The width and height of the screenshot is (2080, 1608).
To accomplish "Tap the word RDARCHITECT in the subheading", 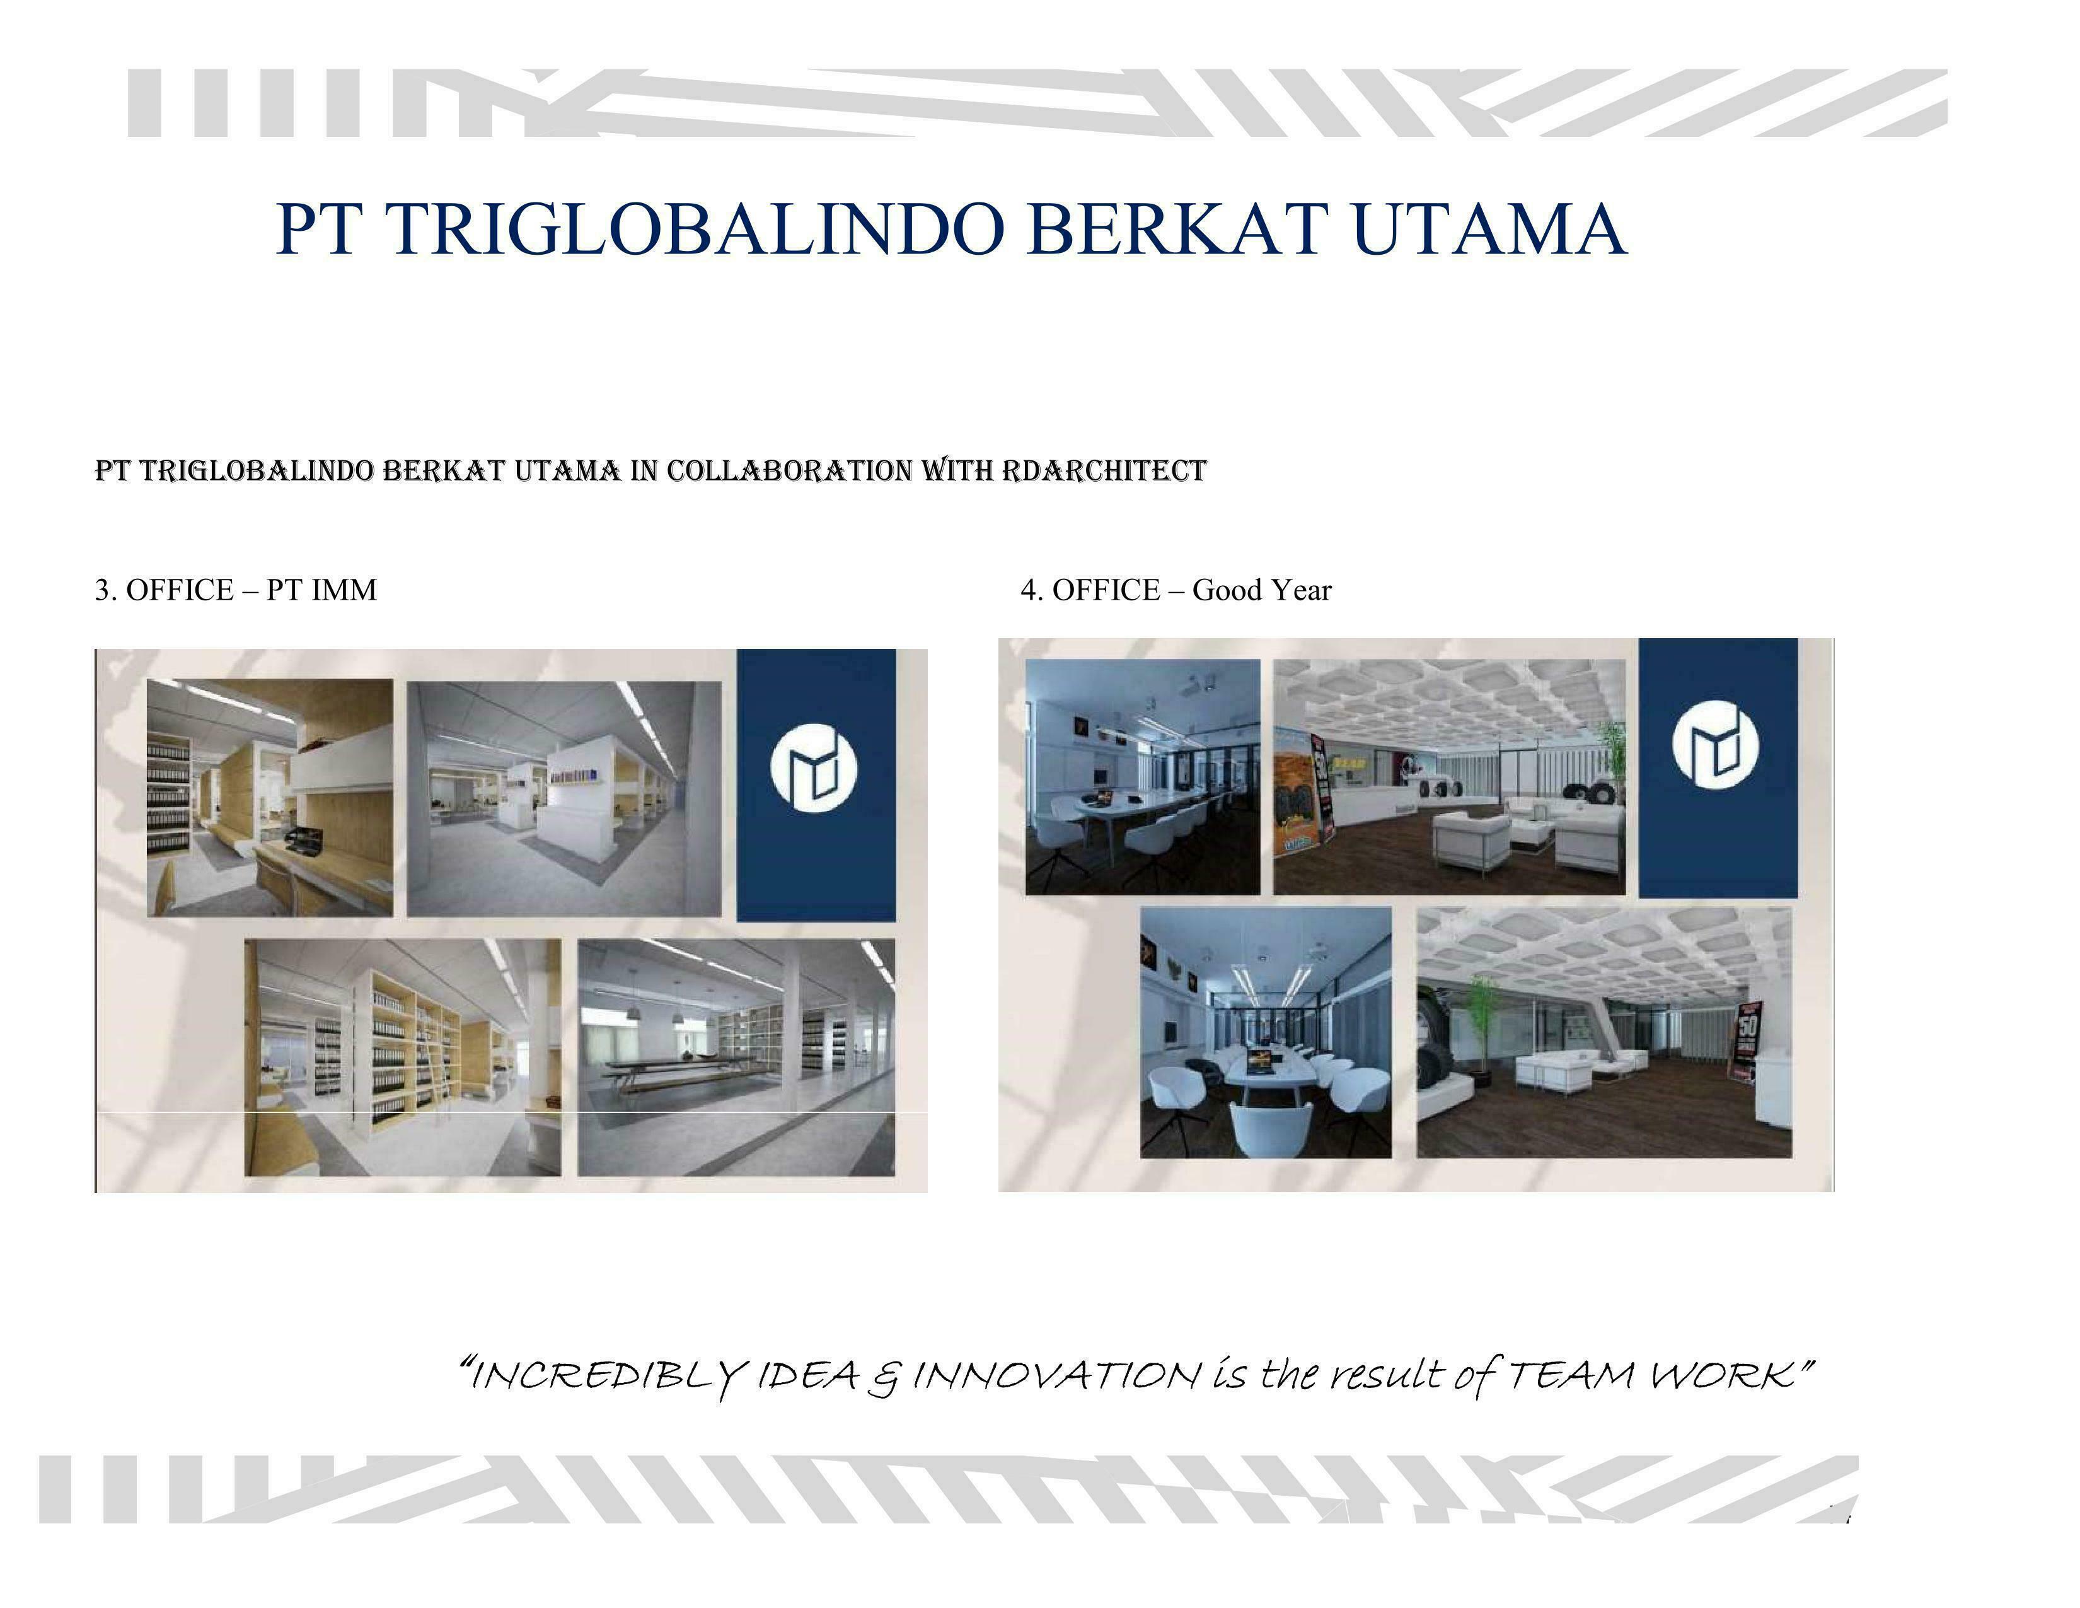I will [1105, 470].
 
